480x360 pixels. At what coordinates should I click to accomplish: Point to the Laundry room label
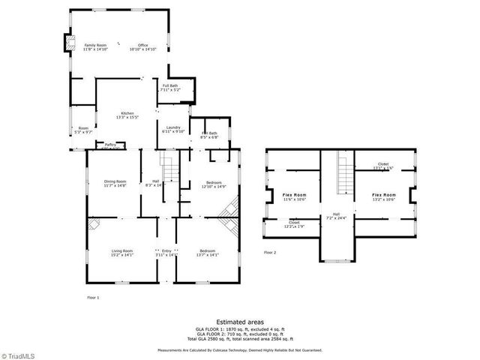(x=172, y=129)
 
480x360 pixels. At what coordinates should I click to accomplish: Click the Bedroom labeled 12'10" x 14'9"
(x=214, y=184)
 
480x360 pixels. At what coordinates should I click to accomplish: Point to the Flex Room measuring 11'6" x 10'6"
(x=294, y=197)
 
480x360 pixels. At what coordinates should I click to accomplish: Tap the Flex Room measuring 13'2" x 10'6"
(x=384, y=197)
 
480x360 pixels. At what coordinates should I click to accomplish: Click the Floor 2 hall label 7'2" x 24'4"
(x=335, y=216)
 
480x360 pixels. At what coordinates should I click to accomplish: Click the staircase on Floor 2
(x=345, y=172)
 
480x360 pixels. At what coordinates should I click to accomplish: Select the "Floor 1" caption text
(x=93, y=298)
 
